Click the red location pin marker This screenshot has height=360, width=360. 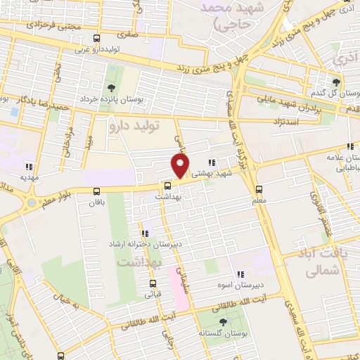[x=181, y=166]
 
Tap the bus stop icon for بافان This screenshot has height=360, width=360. [x=96, y=191]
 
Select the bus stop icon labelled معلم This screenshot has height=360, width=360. [x=259, y=189]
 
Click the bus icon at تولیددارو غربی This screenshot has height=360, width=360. [x=96, y=39]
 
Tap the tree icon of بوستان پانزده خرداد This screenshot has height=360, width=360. [x=111, y=88]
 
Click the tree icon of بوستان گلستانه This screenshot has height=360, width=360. [x=223, y=321]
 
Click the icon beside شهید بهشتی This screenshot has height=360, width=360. [x=212, y=162]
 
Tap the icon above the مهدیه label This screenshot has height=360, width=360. [x=29, y=167]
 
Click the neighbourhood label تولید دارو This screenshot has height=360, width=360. [x=135, y=126]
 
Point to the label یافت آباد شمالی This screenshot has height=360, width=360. [x=327, y=261]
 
